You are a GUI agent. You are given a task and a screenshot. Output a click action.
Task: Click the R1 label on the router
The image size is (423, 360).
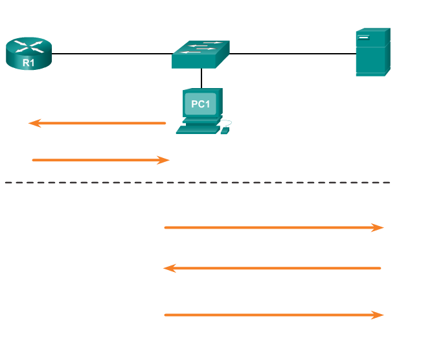pos(29,63)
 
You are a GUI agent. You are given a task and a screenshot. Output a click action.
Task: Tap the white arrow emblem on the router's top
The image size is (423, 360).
pos(29,46)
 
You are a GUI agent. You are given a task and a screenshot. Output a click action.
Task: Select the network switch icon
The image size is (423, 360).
pos(201,54)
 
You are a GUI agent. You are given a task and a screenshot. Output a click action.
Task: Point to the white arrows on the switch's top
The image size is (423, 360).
pos(202,47)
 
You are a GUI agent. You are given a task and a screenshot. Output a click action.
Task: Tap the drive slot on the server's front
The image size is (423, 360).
pos(363,37)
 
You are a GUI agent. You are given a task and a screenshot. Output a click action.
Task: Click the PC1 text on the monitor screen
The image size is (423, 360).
pos(201,104)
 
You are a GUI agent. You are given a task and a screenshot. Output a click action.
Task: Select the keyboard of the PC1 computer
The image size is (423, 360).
pos(197,129)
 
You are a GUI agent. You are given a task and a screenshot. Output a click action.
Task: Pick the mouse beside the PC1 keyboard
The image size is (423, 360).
pos(225,130)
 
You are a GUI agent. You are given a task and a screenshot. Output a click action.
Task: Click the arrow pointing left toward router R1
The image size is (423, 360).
pos(97,123)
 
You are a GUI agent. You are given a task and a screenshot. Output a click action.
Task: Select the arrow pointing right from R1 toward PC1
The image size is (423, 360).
pos(100,160)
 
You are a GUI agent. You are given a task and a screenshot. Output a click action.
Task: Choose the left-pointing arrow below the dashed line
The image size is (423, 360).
pos(272,268)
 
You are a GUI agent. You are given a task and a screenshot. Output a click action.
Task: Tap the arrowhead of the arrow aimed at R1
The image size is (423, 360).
pos(34,123)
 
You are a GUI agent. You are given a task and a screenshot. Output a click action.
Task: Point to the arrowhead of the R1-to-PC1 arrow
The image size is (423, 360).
pos(164,160)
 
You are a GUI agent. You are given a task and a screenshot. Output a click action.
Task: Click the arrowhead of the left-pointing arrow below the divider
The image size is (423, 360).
pos(169,268)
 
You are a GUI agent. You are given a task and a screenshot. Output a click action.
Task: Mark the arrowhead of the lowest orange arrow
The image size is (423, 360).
pos(378,315)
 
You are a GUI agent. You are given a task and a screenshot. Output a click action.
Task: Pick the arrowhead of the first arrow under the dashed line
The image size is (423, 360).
pos(378,227)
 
